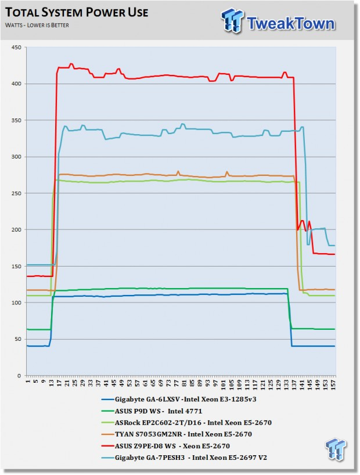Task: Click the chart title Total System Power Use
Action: click(x=77, y=12)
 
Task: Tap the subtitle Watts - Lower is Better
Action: click(x=37, y=25)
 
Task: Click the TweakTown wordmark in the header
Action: click(x=291, y=23)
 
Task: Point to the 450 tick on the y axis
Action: click(x=17, y=47)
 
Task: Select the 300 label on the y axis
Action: click(x=17, y=157)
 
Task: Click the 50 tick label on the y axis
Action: click(x=18, y=339)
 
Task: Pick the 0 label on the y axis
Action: click(x=20, y=376)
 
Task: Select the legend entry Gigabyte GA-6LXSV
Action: click(x=179, y=400)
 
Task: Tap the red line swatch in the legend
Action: click(x=107, y=446)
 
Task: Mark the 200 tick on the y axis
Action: click(x=17, y=230)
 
